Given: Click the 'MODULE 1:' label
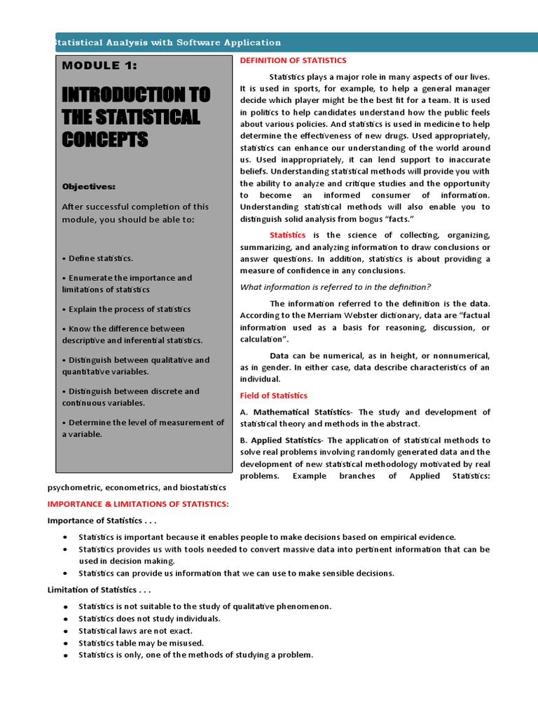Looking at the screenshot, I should point(99,66).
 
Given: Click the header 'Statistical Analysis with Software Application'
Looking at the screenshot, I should point(167,43).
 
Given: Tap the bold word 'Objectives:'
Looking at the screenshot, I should point(88,187).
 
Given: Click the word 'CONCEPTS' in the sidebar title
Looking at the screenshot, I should point(104,139).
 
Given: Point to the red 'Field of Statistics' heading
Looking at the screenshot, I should point(273,396).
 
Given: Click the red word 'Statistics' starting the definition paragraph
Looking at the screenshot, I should point(287,235).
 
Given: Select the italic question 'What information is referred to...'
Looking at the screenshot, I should point(336,286).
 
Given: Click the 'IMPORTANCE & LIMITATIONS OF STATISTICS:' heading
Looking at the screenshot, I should point(138,504).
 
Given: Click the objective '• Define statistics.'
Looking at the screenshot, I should point(97,258).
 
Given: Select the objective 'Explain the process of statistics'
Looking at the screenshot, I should point(126,309).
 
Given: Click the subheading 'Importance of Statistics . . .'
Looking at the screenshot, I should point(102,520).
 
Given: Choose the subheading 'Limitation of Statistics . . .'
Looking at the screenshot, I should point(99,590).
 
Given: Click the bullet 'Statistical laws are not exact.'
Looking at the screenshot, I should point(135,631).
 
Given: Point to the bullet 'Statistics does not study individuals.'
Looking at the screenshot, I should point(149,619).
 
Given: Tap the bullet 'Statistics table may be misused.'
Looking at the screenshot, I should point(141,643).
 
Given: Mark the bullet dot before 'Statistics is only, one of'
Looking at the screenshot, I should point(65,655).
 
